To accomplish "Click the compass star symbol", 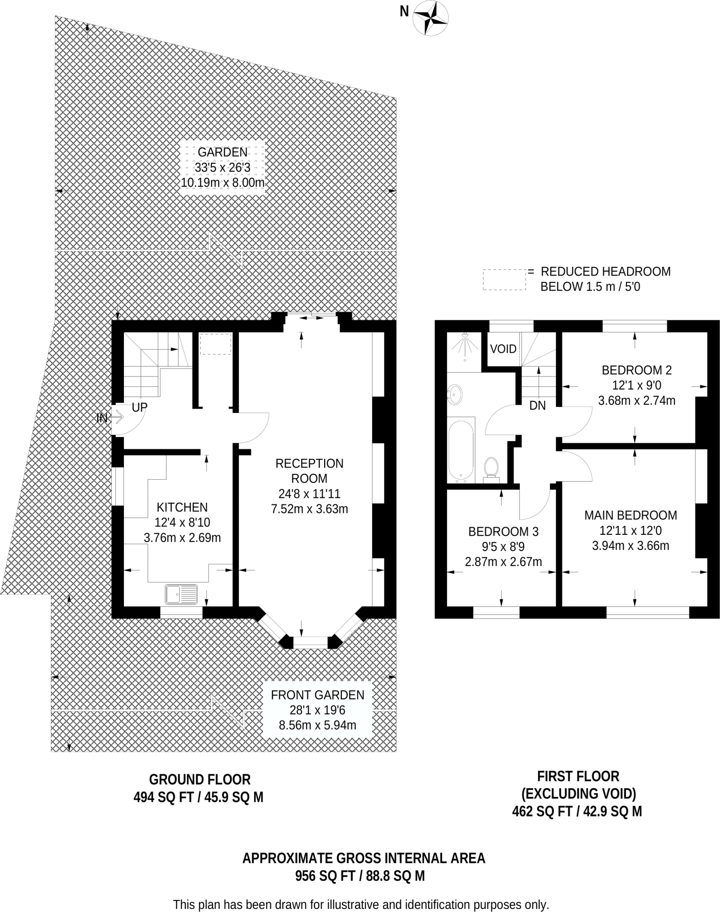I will [430, 18].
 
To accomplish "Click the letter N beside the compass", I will [404, 12].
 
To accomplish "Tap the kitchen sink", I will [181, 594].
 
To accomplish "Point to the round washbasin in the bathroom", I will [455, 394].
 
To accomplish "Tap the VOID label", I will [503, 349].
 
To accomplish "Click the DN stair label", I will [537, 406].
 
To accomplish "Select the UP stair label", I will [140, 407].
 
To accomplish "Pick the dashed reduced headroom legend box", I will [504, 280].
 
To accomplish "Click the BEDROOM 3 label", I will [503, 531].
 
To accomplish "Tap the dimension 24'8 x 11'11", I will [309, 493].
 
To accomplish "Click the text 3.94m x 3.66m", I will [630, 546].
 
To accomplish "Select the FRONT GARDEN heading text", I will [317, 695].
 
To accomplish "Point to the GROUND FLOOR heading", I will [200, 779].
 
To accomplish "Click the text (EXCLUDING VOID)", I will [578, 794].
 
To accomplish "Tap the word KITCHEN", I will [182, 507].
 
